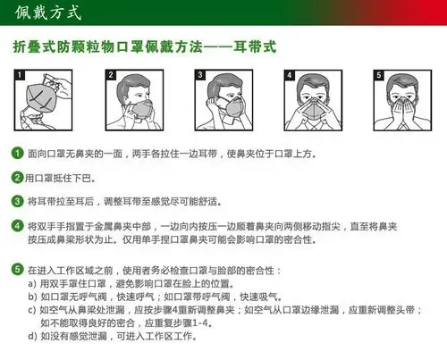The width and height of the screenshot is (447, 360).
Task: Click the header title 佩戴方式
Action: point(49,14)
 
